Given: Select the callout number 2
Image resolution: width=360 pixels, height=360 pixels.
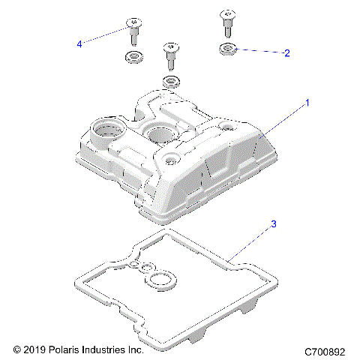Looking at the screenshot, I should (x=286, y=53).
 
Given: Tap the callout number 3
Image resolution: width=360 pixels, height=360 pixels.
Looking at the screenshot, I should (x=274, y=224).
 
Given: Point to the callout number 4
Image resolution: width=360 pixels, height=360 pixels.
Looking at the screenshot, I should (x=80, y=44).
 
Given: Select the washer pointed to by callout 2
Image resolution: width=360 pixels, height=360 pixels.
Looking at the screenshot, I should (x=228, y=50).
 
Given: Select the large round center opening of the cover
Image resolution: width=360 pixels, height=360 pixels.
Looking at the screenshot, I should (x=160, y=135).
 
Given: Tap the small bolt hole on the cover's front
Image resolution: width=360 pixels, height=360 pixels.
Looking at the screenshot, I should (x=172, y=159).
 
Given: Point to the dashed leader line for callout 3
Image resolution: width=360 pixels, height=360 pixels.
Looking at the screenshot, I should (x=252, y=241).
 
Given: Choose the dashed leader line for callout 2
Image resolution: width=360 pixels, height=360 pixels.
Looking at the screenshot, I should (x=259, y=52).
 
